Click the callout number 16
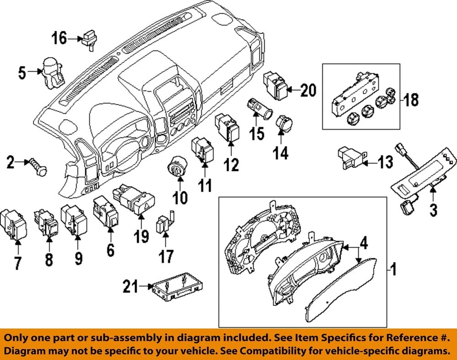60,38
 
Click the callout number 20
308,90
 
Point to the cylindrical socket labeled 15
259,109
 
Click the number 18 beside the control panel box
410,99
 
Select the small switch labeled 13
350,157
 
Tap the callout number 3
433,210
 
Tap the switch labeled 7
14,224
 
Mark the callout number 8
49,259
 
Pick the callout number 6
110,248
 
